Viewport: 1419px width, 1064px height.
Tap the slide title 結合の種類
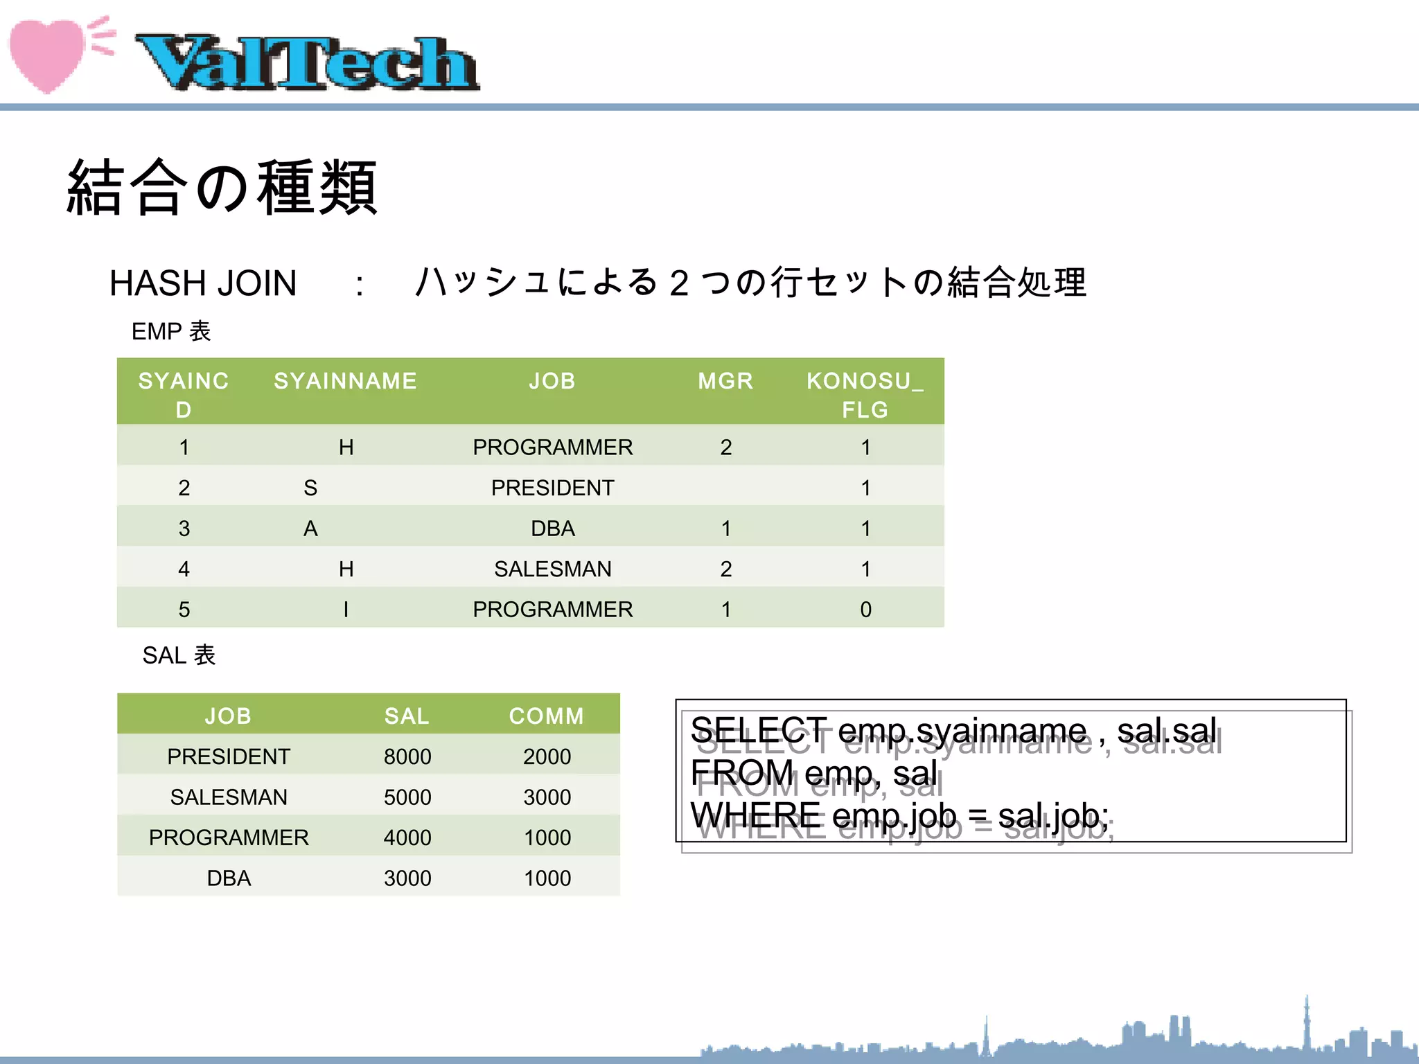tap(222, 187)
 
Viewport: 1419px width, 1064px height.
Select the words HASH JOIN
tap(203, 283)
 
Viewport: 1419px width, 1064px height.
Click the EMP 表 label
tap(171, 331)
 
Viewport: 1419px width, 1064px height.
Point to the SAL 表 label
tap(179, 655)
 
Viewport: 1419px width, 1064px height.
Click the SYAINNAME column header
tap(345, 381)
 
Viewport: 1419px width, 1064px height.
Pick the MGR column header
tap(725, 381)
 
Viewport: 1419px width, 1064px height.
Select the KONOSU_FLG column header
tap(865, 395)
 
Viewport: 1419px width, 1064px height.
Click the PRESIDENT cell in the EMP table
tap(552, 488)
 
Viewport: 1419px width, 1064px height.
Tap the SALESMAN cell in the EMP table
tap(552, 569)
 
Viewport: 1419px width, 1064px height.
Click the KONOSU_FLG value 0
tap(865, 610)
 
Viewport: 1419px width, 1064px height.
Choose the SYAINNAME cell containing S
tap(310, 488)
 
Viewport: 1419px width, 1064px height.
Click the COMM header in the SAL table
tap(547, 716)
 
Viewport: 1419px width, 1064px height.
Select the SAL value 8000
tap(407, 756)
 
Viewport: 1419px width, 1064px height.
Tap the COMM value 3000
tap(547, 797)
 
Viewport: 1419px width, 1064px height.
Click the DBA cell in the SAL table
tap(229, 878)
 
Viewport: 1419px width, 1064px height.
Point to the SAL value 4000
tap(407, 837)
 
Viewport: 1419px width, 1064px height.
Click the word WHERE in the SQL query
tap(756, 815)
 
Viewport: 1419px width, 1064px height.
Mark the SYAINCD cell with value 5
tap(184, 610)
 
